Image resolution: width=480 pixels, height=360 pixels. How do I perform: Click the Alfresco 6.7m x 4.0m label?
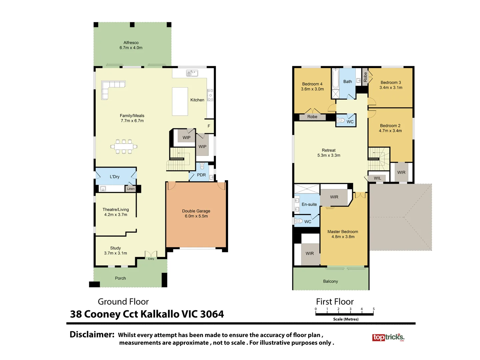pos(131,45)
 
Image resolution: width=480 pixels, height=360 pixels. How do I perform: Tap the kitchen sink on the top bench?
pos(192,73)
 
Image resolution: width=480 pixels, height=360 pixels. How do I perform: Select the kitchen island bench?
pos(180,101)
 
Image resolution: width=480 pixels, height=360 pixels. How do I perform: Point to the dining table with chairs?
pos(124,146)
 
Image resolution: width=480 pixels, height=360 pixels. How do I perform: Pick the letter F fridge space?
pos(209,126)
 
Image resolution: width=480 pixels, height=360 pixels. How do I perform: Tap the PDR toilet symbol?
pos(202,166)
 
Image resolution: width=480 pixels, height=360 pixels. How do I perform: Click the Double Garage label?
pos(196,213)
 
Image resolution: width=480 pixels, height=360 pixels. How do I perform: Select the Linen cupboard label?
pos(131,189)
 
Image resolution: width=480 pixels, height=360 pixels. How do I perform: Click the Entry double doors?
pos(151,255)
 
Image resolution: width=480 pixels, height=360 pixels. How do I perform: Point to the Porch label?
pos(120,278)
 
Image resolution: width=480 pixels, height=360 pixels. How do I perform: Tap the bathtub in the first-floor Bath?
pos(336,79)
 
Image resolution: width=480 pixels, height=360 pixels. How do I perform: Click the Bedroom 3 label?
pos(391,85)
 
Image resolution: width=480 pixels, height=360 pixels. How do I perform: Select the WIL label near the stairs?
pos(377,178)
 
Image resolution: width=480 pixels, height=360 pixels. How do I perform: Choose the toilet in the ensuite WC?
pos(299,221)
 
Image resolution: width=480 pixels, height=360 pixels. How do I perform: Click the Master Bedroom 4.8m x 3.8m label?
pos(343,234)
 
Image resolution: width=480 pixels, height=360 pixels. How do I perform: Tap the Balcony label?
pos(330,281)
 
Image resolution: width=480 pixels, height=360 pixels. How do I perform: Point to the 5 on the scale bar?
pos(374,309)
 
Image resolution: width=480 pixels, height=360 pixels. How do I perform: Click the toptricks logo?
pos(388,337)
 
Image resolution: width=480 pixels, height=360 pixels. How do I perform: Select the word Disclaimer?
pos(92,334)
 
